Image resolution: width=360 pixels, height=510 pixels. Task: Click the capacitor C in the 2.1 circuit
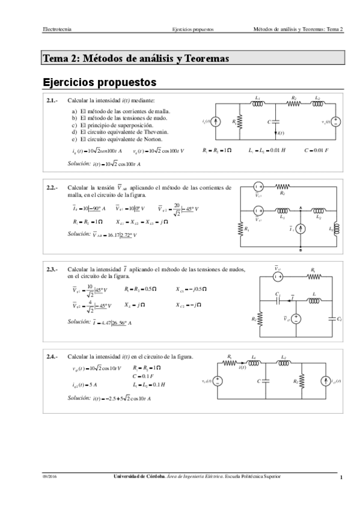tap(276, 121)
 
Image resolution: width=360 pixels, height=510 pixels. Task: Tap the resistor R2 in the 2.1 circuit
tap(294, 103)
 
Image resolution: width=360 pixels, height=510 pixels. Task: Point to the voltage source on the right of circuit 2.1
tap(336, 121)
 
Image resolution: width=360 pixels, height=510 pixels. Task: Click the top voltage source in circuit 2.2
tap(258, 186)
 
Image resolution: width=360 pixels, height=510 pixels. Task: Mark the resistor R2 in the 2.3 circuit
tap(260, 319)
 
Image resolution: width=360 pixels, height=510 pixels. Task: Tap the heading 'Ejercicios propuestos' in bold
tap(100, 81)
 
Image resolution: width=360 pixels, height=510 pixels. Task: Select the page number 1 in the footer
tap(341, 478)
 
